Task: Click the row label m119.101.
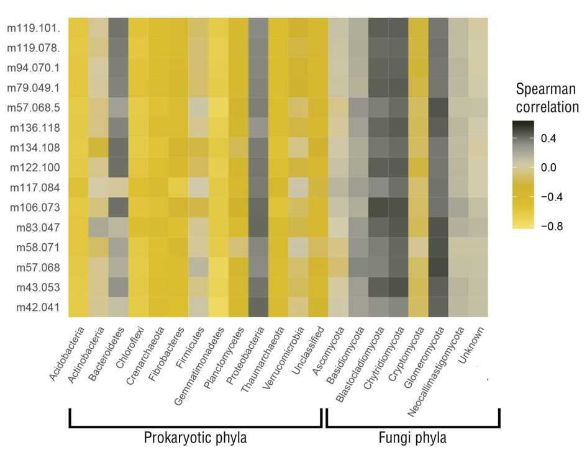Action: pyautogui.click(x=34, y=28)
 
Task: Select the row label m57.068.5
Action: pyautogui.click(x=34, y=108)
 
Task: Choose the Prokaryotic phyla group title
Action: pyautogui.click(x=195, y=438)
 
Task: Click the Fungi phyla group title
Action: pyautogui.click(x=412, y=438)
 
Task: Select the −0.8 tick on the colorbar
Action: pyautogui.click(x=550, y=226)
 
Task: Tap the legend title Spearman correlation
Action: pyautogui.click(x=546, y=97)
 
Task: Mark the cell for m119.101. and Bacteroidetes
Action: pyautogui.click(x=118, y=28)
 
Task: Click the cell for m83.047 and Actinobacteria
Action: pyautogui.click(x=98, y=227)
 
